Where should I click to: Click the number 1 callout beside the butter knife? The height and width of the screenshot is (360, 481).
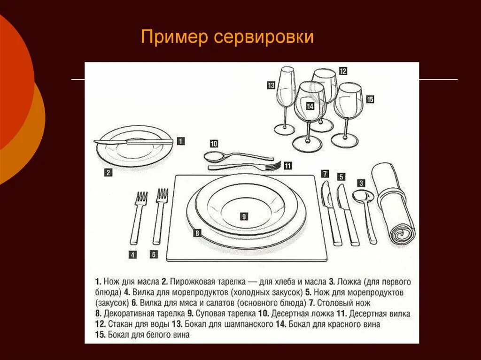181,140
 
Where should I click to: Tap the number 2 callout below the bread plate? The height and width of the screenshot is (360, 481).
108,172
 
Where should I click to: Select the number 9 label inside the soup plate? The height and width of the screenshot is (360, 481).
244,216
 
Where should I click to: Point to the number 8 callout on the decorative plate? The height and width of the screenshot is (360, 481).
197,233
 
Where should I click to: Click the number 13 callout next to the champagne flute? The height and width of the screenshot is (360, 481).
271,85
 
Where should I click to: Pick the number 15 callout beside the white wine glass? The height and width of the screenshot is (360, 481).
370,99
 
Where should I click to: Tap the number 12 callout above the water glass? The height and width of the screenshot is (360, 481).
343,71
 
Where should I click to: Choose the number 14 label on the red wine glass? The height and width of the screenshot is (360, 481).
310,107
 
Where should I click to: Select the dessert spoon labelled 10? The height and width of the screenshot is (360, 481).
235,156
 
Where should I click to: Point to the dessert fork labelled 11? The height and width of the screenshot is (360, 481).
244,166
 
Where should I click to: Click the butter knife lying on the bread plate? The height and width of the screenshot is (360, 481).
133,141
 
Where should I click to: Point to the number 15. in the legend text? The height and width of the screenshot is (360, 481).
100,335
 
